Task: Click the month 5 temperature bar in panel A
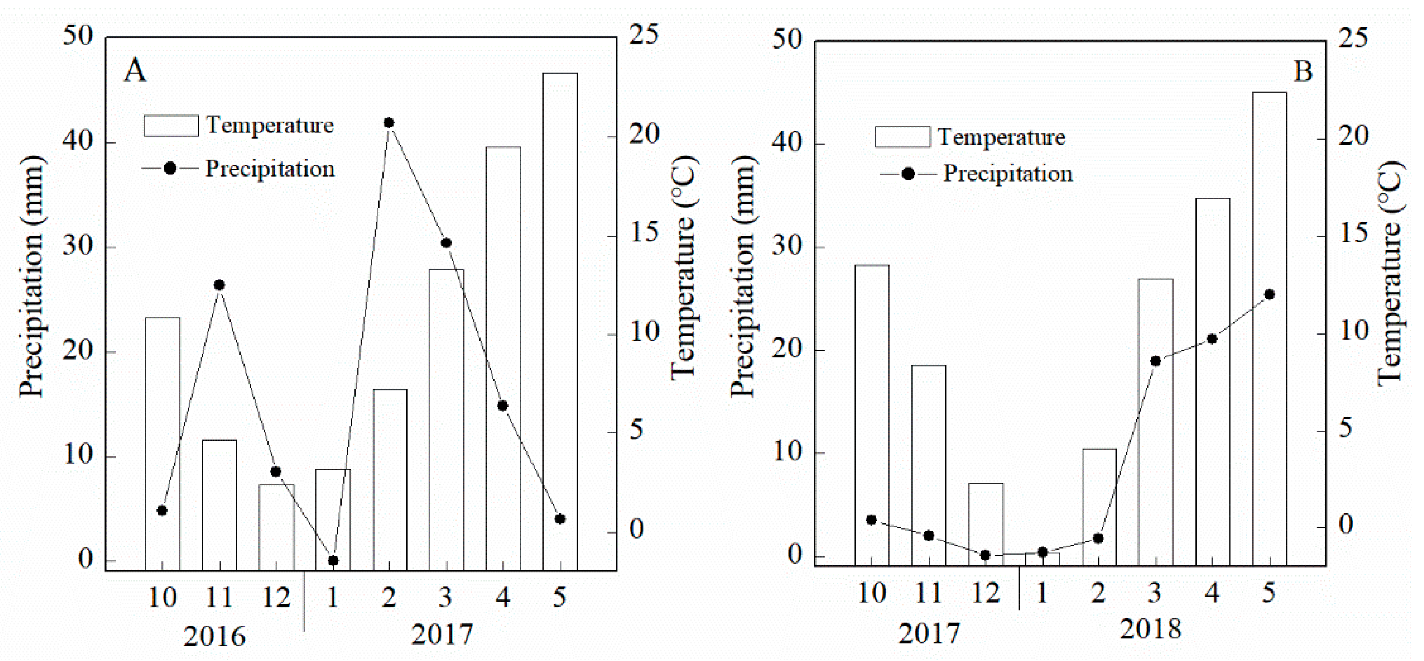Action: pos(560,321)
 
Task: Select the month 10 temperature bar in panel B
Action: pos(872,415)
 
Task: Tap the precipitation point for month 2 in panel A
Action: pos(389,123)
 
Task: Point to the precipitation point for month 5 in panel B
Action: pos(1270,294)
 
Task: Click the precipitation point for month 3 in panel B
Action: pos(1155,361)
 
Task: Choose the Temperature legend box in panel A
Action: pos(171,126)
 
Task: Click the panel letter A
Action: pos(135,71)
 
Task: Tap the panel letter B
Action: pos(1304,71)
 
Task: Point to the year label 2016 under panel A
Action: pos(214,636)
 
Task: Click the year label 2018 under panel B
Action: pos(1151,629)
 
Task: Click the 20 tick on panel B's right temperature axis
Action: pos(1353,136)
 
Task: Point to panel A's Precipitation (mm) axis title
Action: pos(32,277)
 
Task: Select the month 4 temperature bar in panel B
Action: pos(1213,381)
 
